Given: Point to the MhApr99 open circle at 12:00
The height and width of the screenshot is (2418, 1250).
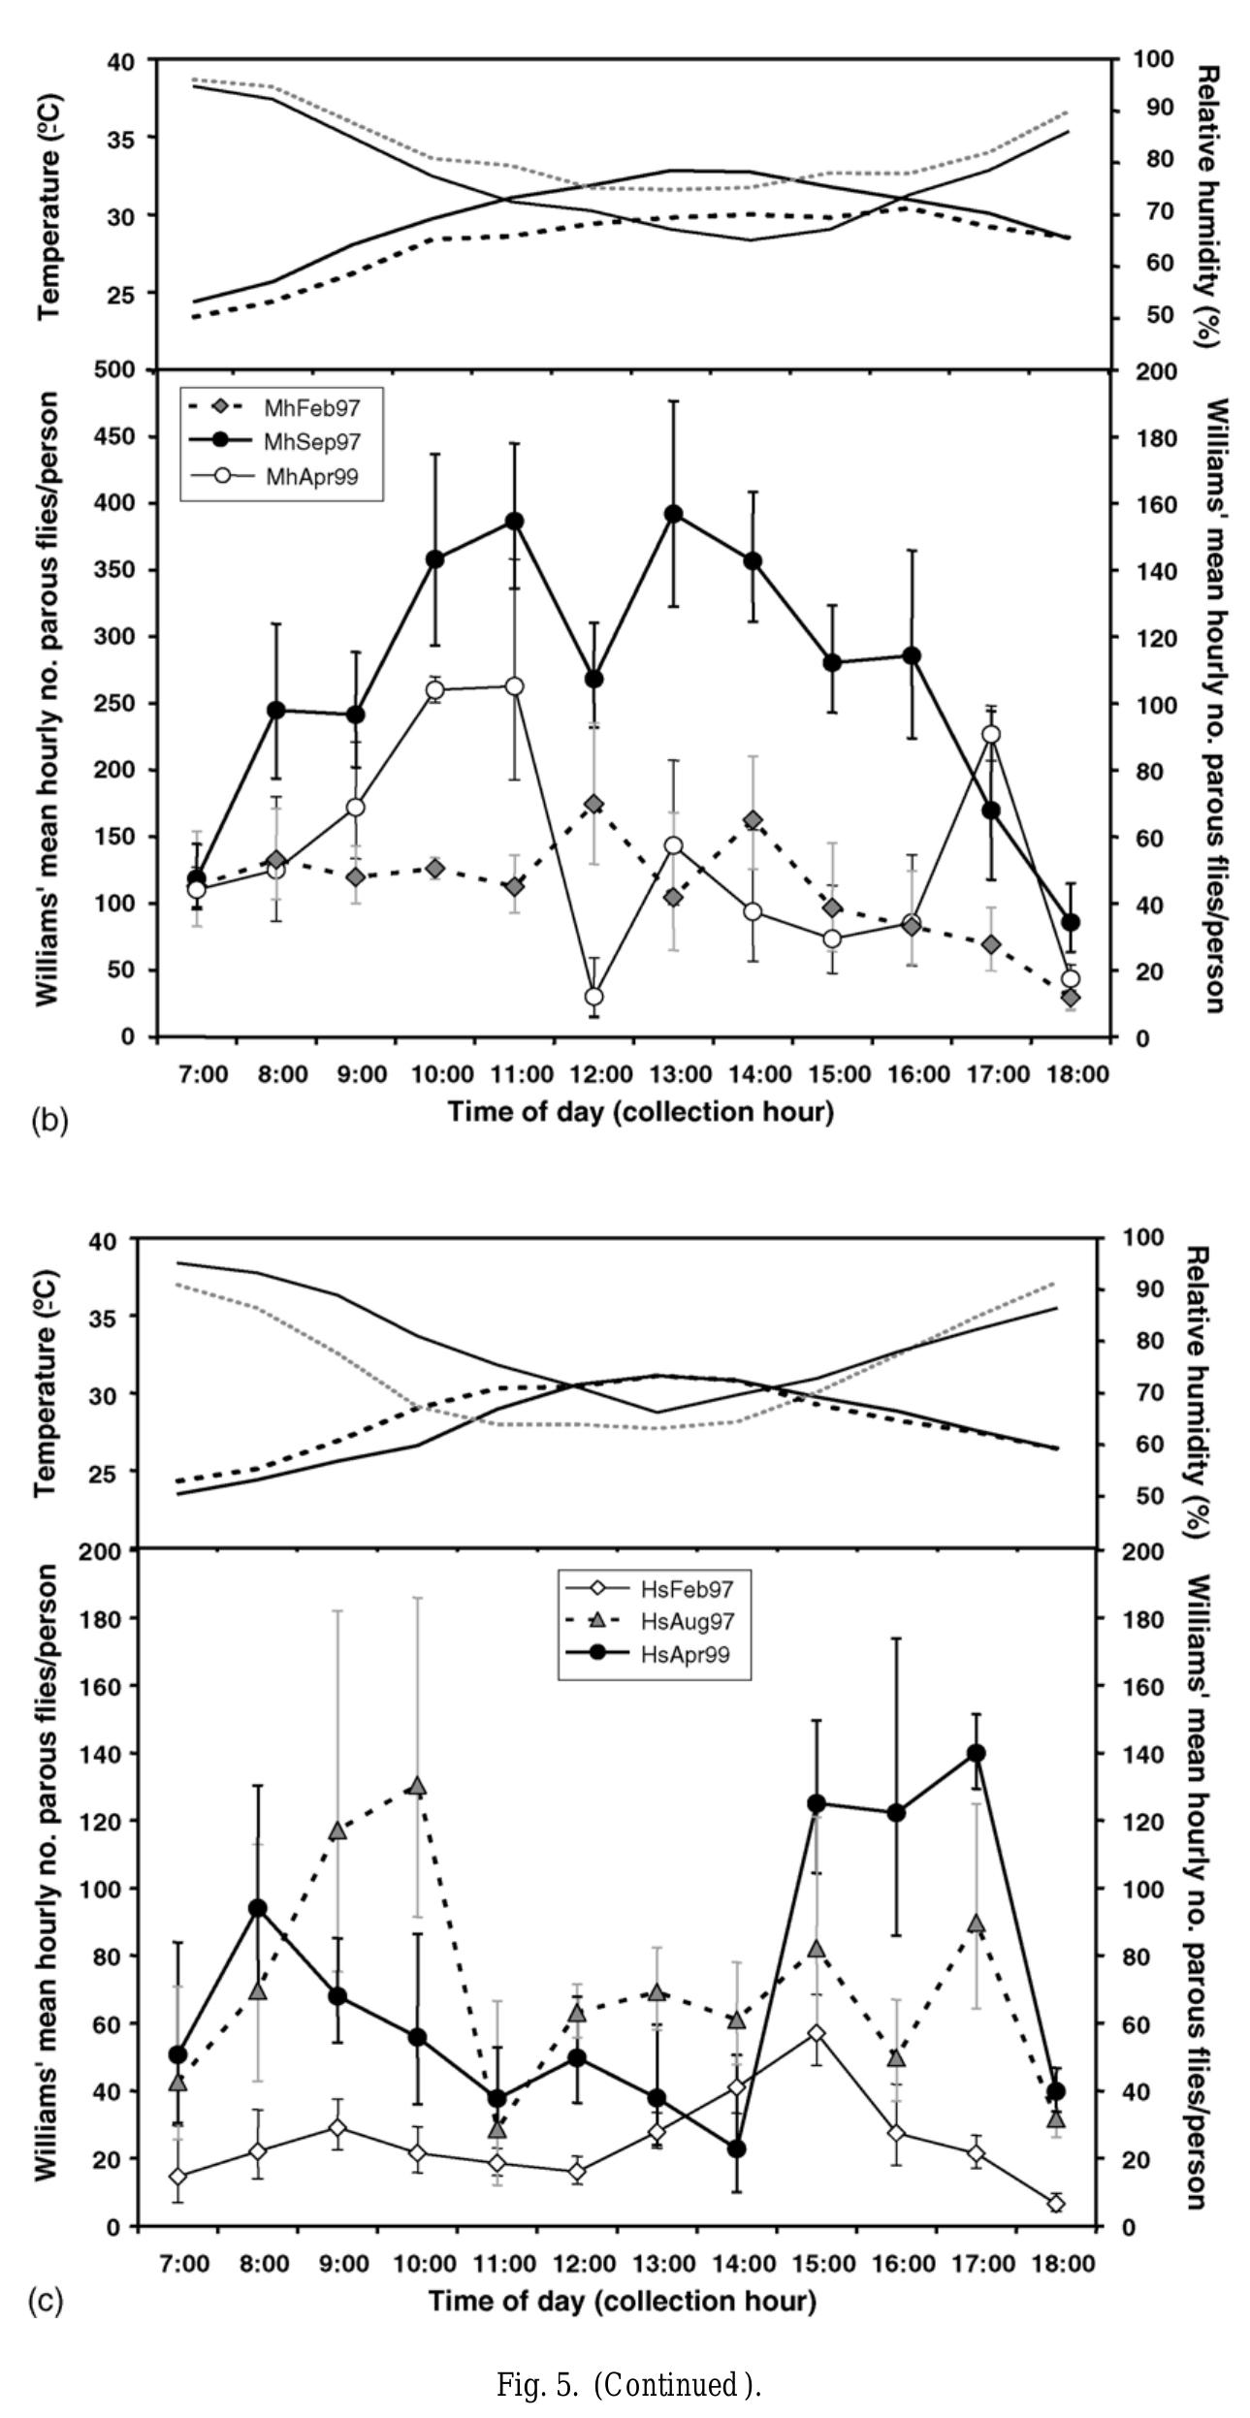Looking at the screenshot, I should point(594,997).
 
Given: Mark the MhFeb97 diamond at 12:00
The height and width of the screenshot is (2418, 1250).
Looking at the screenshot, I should point(594,804).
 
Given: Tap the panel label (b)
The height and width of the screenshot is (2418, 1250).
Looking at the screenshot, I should point(48,1121).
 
